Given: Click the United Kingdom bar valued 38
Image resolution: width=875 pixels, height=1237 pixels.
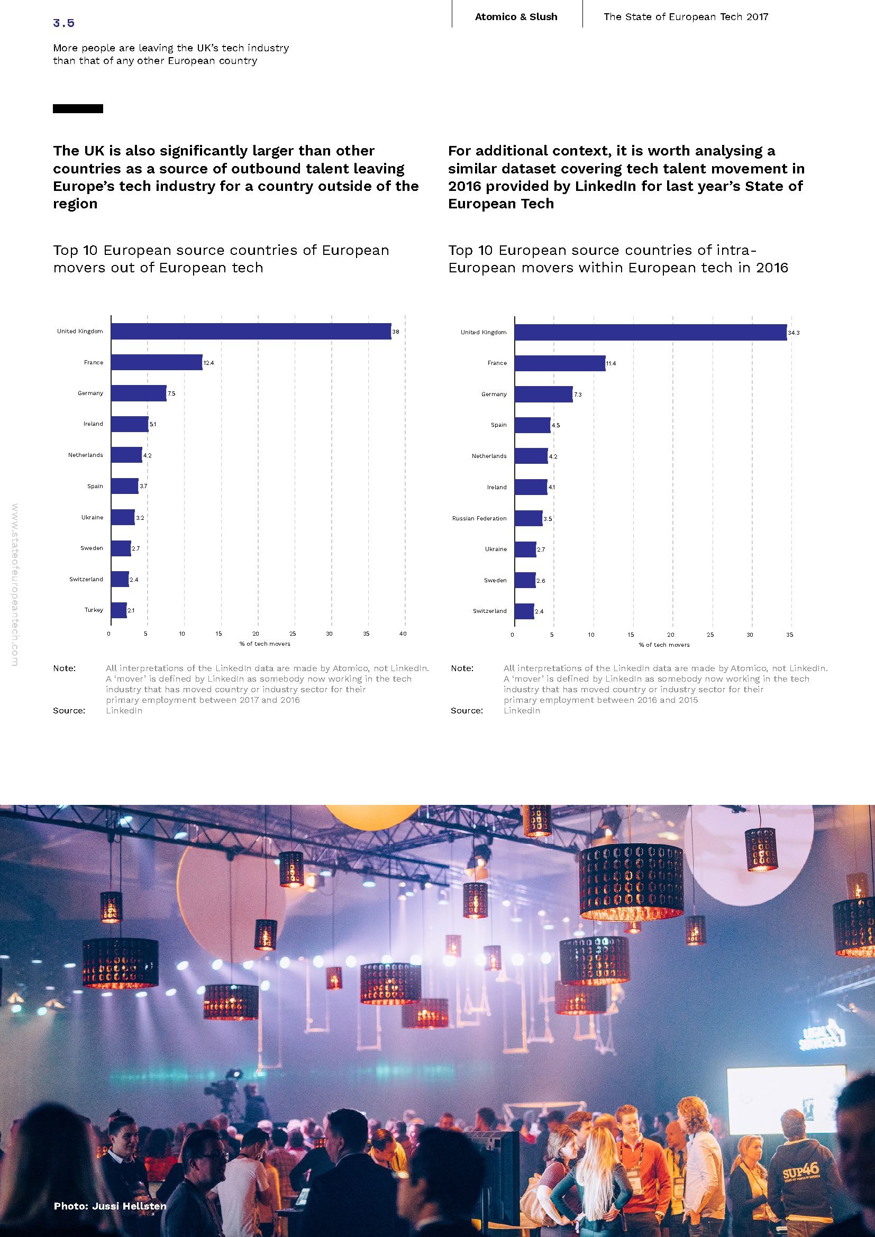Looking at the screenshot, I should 251,332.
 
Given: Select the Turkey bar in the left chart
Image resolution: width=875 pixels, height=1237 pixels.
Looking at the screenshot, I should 119,610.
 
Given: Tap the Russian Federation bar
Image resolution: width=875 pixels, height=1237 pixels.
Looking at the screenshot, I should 528,518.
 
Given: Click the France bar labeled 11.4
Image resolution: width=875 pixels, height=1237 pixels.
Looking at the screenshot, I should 559,363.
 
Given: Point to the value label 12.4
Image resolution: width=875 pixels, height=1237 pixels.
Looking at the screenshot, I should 208,363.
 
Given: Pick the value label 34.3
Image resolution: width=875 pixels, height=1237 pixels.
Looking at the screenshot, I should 794,333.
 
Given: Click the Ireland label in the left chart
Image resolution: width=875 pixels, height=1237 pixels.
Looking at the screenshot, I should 93,424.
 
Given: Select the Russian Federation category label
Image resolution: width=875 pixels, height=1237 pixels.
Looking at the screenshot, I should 479,518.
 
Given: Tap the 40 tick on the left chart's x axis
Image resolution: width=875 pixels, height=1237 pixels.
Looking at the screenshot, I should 403,634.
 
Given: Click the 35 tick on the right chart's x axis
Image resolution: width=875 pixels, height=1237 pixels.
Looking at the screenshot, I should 789,635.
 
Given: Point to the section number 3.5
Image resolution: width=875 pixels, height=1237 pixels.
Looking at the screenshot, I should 63,23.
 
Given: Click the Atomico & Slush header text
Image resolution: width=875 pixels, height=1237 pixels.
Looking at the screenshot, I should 516,17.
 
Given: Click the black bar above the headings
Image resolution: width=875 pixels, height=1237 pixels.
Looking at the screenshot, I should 78,109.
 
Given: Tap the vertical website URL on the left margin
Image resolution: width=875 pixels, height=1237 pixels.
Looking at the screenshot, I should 14,584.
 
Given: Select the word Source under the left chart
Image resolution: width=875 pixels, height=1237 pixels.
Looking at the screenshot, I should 69,711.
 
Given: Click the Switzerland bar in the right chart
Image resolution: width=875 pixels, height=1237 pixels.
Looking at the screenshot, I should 524,611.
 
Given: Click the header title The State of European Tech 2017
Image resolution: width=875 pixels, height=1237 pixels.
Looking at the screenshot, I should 685,17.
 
